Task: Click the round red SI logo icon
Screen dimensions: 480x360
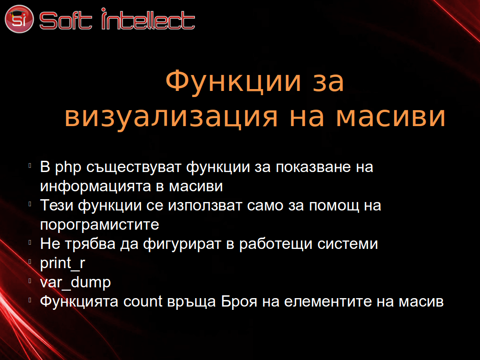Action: (x=19, y=19)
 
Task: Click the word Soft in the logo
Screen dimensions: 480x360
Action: (x=66, y=21)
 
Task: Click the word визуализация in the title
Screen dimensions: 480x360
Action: (x=172, y=116)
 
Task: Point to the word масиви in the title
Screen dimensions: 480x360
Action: (x=390, y=116)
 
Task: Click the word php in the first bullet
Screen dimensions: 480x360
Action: (x=68, y=168)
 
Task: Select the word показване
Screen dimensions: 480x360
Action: (x=313, y=167)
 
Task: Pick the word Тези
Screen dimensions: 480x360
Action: (x=57, y=205)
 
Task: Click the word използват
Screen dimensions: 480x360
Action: (x=205, y=206)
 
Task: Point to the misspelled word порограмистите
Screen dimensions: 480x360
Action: (x=100, y=225)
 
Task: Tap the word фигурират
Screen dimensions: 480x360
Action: (x=182, y=244)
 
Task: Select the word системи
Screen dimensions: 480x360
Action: (x=347, y=244)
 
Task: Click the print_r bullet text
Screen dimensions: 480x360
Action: (x=62, y=263)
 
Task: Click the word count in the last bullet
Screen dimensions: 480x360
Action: (x=142, y=301)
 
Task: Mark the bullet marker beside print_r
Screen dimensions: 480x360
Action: (x=30, y=262)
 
